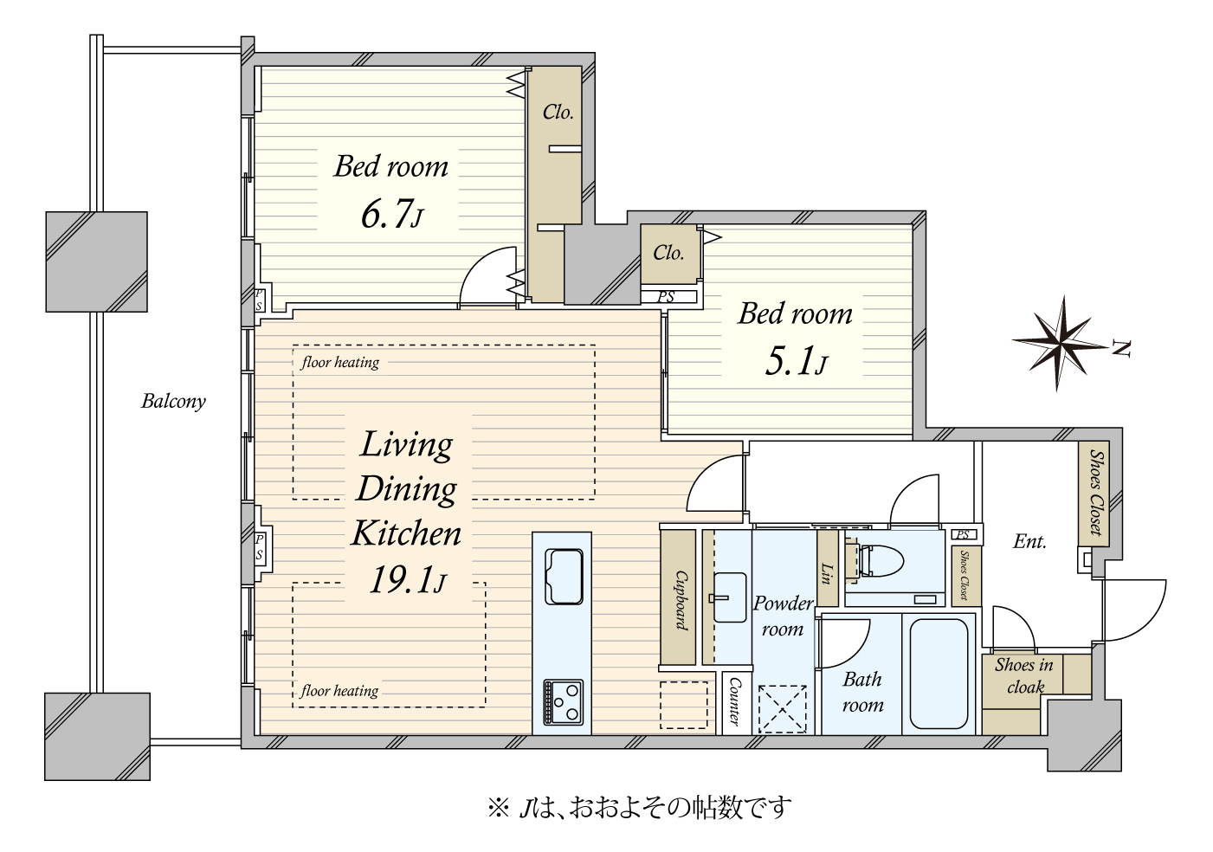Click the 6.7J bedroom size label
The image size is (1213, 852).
pyautogui.click(x=391, y=215)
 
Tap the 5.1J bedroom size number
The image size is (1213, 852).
pyautogui.click(x=796, y=362)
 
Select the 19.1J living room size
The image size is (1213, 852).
pyautogui.click(x=407, y=581)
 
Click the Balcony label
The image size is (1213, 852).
pyautogui.click(x=173, y=402)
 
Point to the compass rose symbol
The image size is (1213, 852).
pyautogui.click(x=1061, y=344)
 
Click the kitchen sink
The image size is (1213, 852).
pyautogui.click(x=564, y=577)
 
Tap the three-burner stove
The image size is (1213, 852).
pyautogui.click(x=564, y=702)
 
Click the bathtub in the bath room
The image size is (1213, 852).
pyautogui.click(x=939, y=674)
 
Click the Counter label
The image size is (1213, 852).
pyautogui.click(x=734, y=702)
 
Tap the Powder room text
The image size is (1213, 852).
pyautogui.click(x=783, y=616)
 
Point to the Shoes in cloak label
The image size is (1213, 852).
pyautogui.click(x=1023, y=676)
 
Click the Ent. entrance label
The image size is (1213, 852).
pyautogui.click(x=1029, y=541)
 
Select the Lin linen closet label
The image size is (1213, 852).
pyautogui.click(x=827, y=573)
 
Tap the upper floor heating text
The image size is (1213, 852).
pyautogui.click(x=340, y=362)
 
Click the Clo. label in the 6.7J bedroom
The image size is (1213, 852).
pyautogui.click(x=558, y=112)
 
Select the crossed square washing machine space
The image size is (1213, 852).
pyautogui.click(x=782, y=709)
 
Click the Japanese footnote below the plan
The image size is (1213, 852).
pyautogui.click(x=639, y=808)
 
